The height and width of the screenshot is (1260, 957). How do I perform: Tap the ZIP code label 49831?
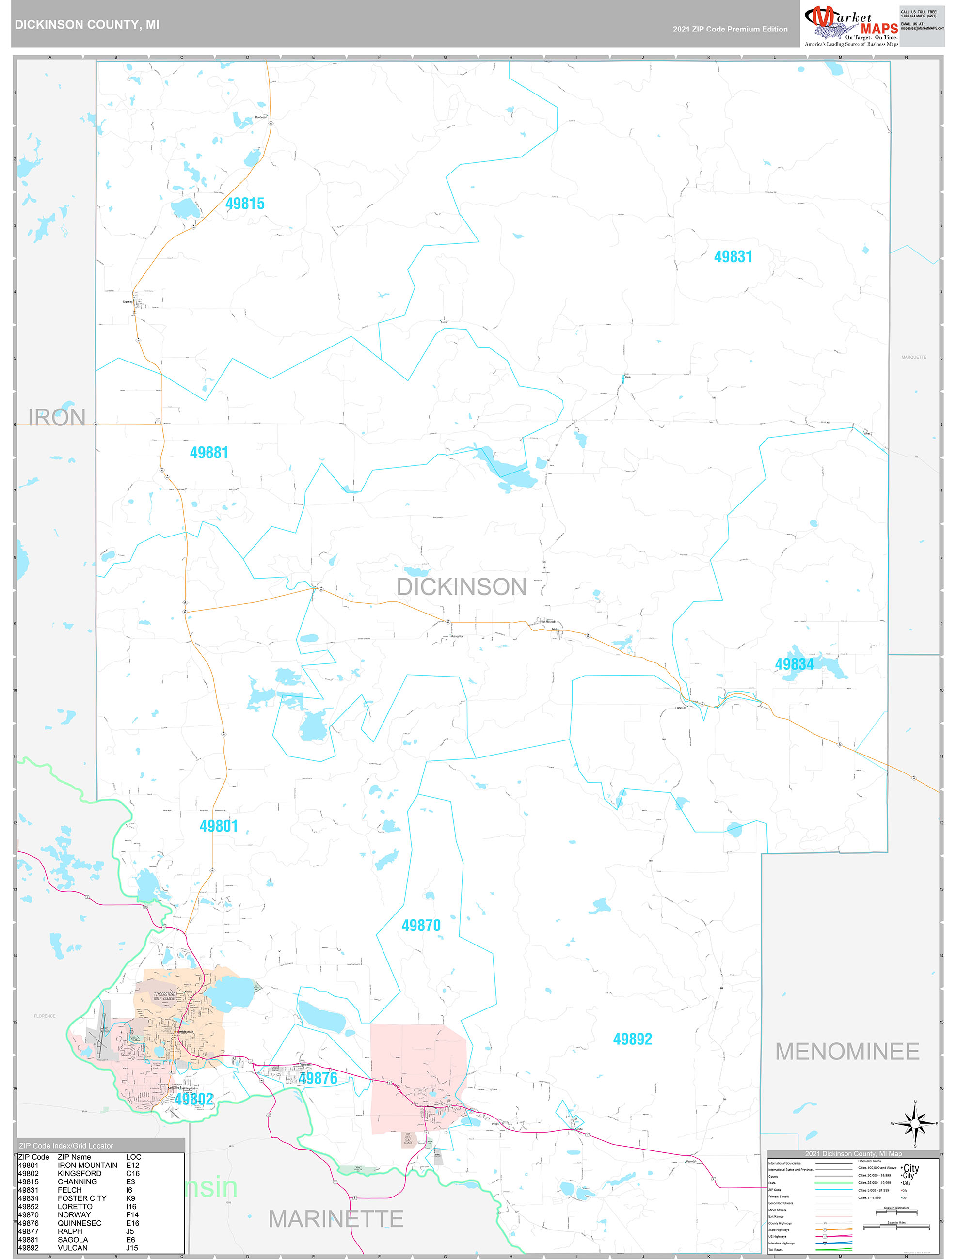tap(733, 257)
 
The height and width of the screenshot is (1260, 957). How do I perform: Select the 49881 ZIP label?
tap(208, 452)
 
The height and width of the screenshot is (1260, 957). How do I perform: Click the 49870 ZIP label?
tap(421, 925)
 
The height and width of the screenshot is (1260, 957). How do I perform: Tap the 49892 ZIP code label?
tap(632, 1039)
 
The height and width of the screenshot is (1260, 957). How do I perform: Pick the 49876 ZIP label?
tap(318, 1078)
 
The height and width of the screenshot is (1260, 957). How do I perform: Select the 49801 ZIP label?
tap(218, 826)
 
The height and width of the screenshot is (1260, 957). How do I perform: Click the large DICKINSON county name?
tap(461, 587)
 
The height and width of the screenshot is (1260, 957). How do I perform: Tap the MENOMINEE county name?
tap(847, 1052)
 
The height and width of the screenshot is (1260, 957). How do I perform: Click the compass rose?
tap(915, 1123)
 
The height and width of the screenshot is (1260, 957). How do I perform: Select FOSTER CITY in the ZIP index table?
tap(81, 1198)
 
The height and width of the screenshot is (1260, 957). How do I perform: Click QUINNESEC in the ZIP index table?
tap(79, 1223)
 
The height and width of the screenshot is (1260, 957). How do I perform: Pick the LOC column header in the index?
tap(133, 1157)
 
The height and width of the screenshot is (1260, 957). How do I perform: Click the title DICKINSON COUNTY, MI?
tap(87, 25)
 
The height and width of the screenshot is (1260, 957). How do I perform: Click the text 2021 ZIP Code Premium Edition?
tap(730, 29)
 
